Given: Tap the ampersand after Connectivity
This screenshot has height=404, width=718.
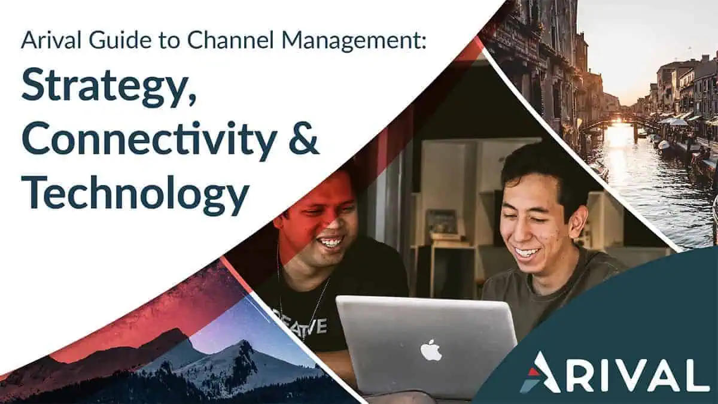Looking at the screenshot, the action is tap(303, 141).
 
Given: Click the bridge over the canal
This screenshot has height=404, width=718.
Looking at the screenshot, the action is tap(612, 124).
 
